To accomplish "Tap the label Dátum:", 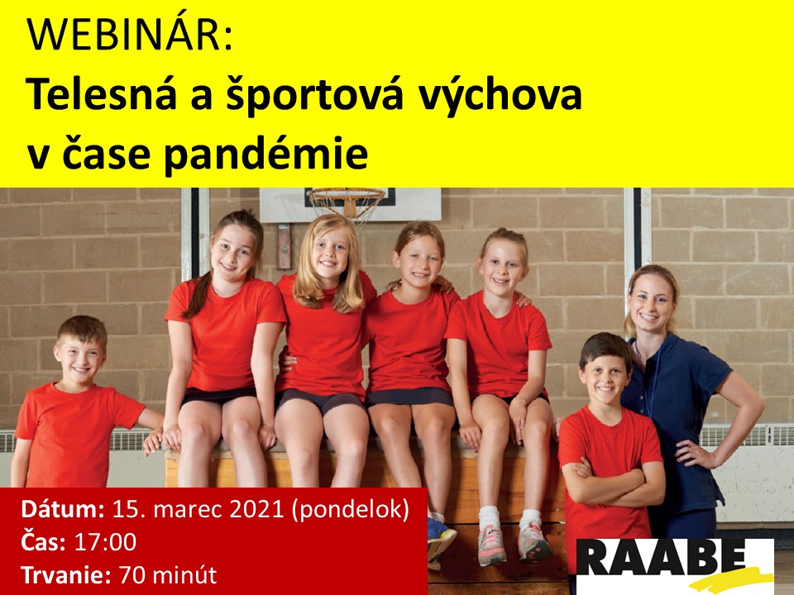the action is click(63, 509).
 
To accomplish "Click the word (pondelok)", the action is click(351, 510).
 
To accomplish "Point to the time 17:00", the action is click(105, 542).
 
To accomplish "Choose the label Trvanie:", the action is click(66, 575).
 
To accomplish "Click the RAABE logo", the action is click(675, 565).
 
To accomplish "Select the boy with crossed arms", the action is click(610, 445).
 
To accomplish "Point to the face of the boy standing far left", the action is click(79, 359).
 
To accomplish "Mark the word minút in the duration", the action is click(184, 575).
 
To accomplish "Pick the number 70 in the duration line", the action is click(132, 575).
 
